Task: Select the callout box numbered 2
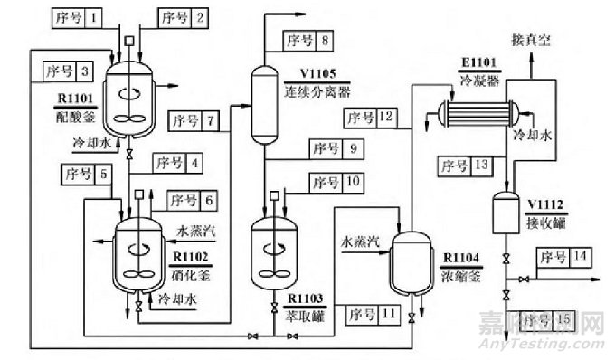pyautogui.click(x=184, y=17)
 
